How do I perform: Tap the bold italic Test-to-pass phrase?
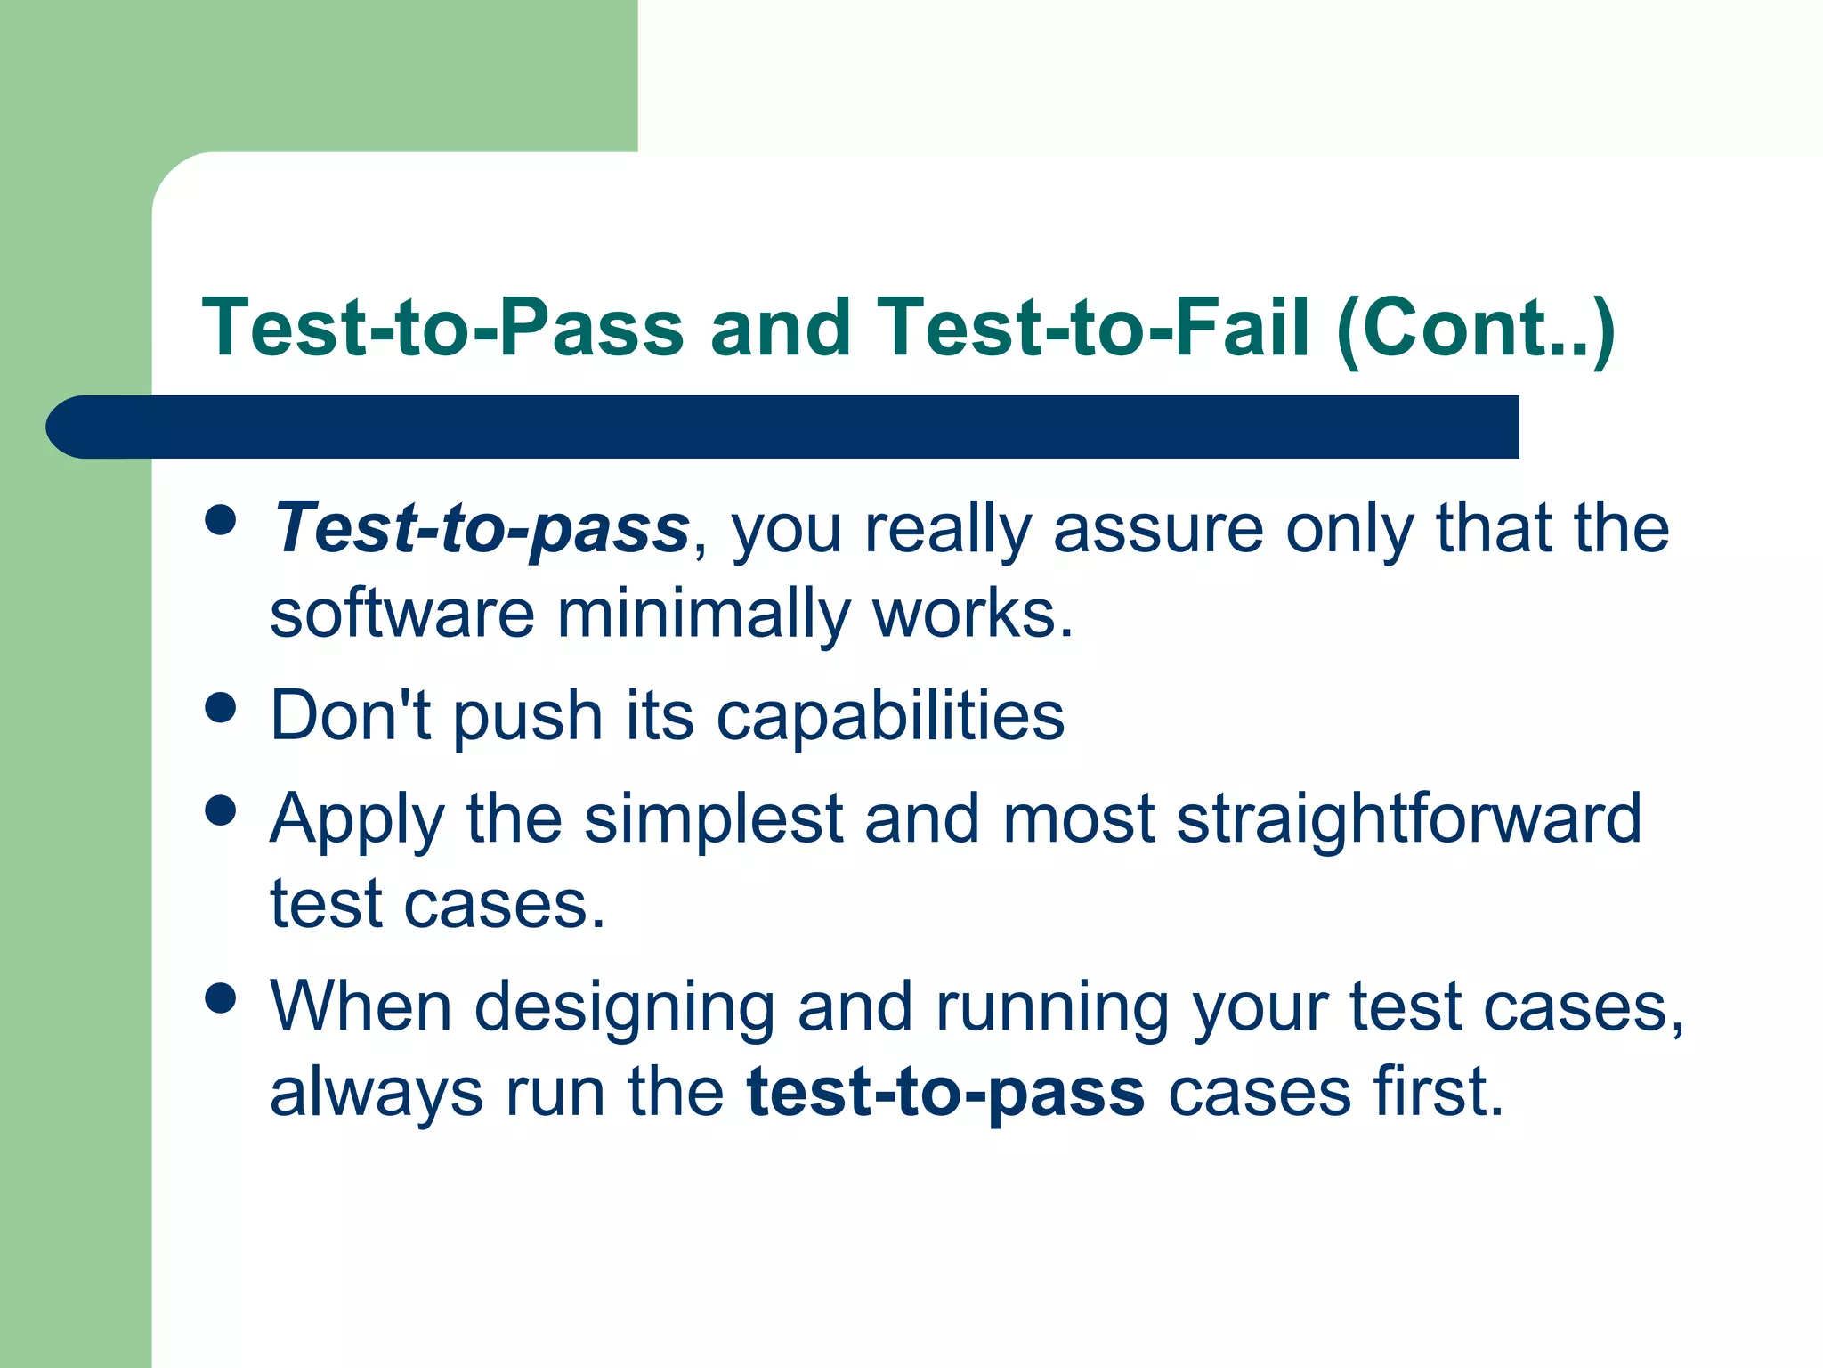pos(481,528)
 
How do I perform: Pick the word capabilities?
pos(890,717)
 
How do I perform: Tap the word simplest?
pos(713,819)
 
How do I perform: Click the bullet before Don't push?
pos(220,708)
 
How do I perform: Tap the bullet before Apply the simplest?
pos(220,810)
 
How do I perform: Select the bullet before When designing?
pos(220,998)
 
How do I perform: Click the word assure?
pos(1157,528)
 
